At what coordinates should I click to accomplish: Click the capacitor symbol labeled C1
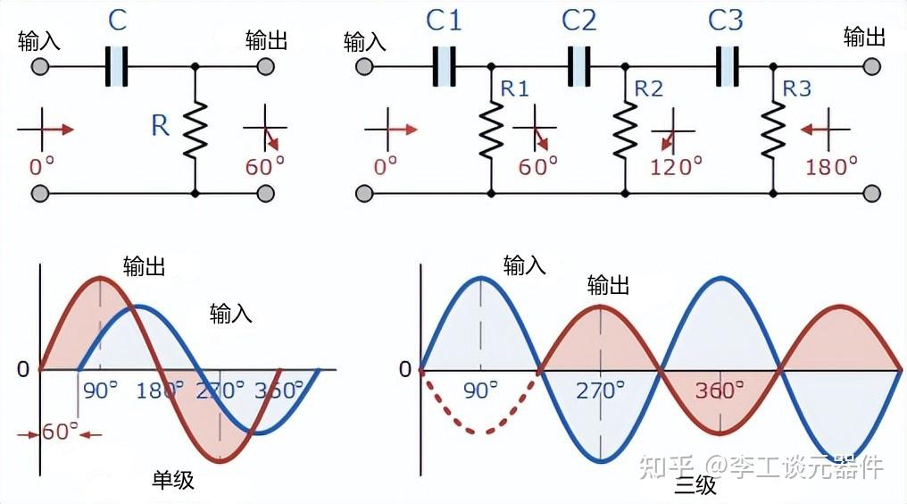[x=444, y=67]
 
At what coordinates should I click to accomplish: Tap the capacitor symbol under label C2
[x=578, y=67]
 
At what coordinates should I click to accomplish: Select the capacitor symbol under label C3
[x=727, y=67]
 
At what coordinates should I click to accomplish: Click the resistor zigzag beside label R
[x=196, y=130]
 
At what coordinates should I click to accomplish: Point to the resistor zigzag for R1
[x=491, y=130]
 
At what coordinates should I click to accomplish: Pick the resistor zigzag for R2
[x=625, y=130]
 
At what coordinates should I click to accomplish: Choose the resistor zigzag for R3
[x=773, y=130]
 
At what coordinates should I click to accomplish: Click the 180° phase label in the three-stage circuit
[x=831, y=167]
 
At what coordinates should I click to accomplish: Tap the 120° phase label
[x=676, y=167]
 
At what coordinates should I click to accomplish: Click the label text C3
[x=726, y=21]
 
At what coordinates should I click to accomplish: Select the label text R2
[x=648, y=88]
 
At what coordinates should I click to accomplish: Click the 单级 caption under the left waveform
[x=173, y=480]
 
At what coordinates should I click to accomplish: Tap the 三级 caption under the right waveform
[x=695, y=485]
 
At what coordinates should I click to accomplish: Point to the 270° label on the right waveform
[x=600, y=391]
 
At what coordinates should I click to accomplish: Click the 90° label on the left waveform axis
[x=100, y=391]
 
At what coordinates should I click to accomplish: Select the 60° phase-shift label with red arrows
[x=60, y=433]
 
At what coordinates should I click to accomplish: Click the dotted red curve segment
[x=480, y=432]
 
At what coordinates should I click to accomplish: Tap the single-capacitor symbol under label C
[x=116, y=67]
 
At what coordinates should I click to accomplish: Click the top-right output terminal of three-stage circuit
[x=871, y=67]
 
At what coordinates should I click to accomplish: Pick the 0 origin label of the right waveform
[x=405, y=369]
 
